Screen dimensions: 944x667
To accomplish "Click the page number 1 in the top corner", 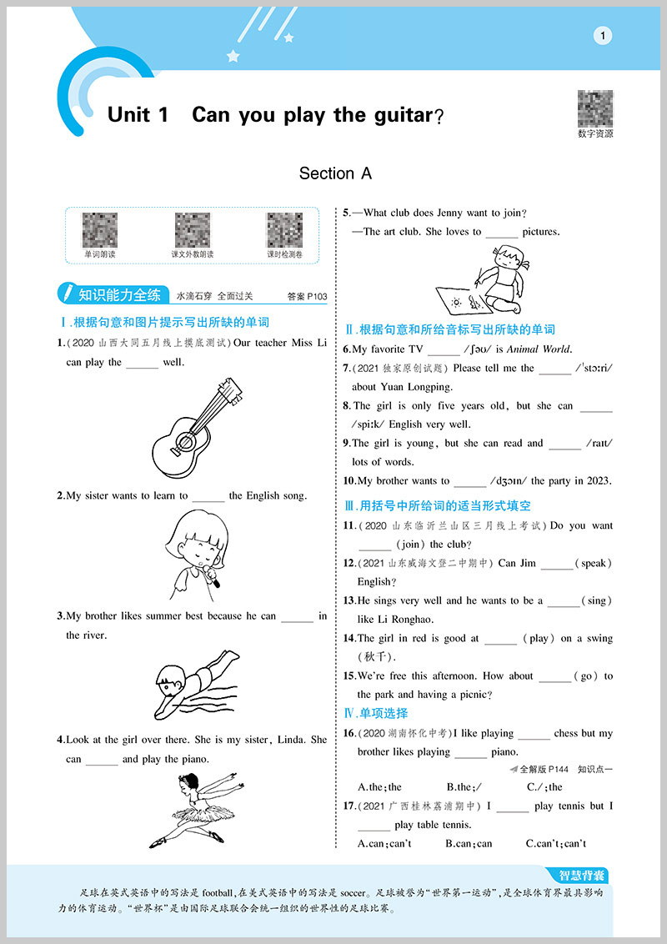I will [602, 35].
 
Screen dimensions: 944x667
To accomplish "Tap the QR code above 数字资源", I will [594, 108].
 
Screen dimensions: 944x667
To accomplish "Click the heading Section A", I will [335, 173].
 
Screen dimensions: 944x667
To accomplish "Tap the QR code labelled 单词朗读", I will [99, 230].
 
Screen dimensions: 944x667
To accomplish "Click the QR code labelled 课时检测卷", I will [284, 230].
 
